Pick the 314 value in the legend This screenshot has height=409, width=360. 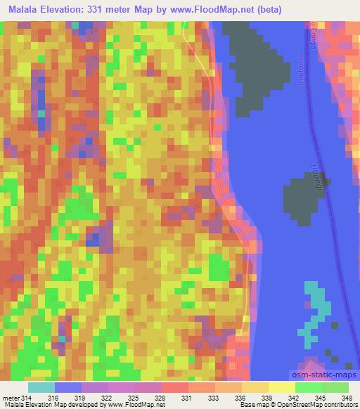click(x=27, y=398)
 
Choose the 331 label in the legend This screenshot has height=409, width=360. click(x=186, y=398)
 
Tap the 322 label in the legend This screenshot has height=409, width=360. click(x=106, y=398)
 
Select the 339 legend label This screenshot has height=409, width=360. click(x=266, y=398)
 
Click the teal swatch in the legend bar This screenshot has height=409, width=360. click(x=41, y=387)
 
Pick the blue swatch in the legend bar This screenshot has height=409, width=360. click(x=68, y=387)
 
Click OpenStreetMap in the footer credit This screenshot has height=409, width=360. click(x=314, y=405)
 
